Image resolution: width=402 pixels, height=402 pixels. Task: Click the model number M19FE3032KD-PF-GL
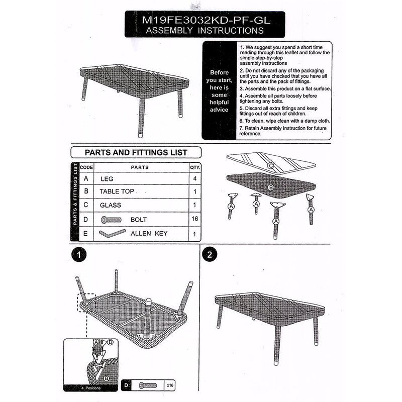point(205,20)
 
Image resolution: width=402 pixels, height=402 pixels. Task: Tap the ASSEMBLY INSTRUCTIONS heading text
point(205,31)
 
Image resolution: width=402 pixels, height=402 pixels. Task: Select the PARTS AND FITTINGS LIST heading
point(136,152)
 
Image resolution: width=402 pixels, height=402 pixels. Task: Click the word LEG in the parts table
point(107,178)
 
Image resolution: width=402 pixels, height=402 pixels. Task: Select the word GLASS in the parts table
point(110,205)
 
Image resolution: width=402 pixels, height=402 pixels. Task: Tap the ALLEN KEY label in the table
point(149,234)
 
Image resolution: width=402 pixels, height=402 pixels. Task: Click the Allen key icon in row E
point(112,234)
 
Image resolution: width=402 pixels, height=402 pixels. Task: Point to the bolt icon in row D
point(111,220)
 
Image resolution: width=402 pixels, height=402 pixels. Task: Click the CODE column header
point(86,167)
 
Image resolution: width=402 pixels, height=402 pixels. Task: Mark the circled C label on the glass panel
point(270,165)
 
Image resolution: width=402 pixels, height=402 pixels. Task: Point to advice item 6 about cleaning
point(284,121)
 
